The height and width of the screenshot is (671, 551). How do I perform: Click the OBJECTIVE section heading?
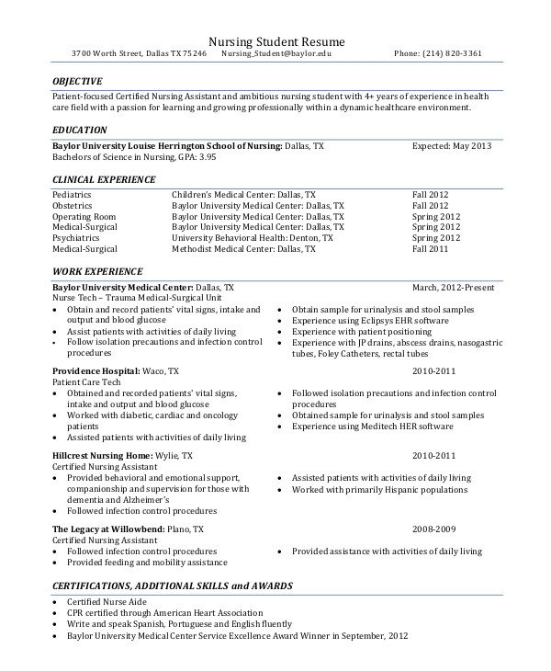point(78,81)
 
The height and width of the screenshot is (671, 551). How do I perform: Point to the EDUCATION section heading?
point(80,131)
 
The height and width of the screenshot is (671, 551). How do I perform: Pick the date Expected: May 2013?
point(452,146)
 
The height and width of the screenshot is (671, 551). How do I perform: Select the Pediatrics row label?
point(73,195)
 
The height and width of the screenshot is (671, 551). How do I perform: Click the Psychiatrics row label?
point(75,237)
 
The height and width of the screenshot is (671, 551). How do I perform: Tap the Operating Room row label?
point(81,216)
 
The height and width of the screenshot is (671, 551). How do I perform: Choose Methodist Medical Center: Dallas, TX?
point(243,248)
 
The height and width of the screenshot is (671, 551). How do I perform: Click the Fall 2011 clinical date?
point(431,248)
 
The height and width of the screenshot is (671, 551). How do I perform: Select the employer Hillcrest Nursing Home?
point(101,456)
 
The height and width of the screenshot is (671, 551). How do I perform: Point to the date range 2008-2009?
point(434,530)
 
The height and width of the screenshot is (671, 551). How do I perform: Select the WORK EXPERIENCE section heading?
point(97,272)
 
